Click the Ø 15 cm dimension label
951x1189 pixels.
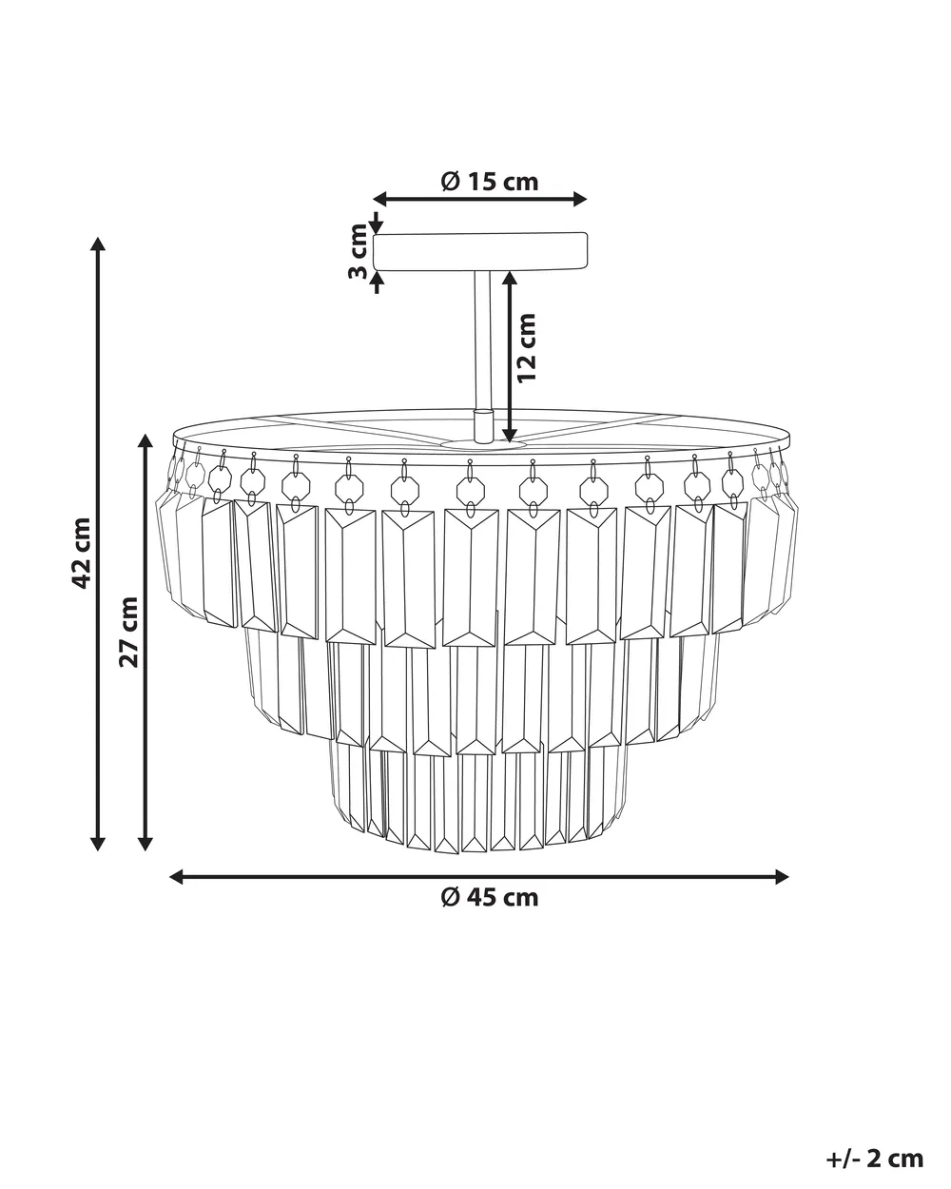coord(489,182)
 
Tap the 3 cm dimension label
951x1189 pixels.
coord(359,251)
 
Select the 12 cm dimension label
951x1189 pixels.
coord(527,347)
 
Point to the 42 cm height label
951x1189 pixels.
coord(82,553)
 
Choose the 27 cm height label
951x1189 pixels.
coord(128,632)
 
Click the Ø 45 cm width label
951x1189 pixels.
coord(489,897)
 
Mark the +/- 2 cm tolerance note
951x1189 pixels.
coord(875,1142)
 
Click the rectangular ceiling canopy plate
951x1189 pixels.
coord(480,252)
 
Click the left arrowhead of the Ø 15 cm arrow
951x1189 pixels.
coord(380,199)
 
